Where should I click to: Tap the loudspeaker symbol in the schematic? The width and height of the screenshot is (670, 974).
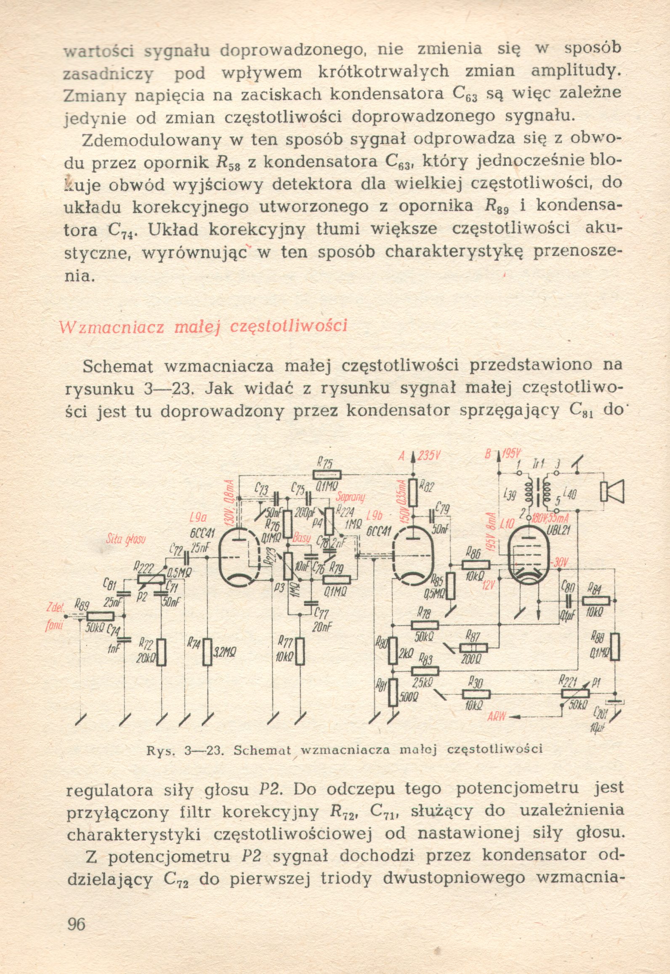click(612, 491)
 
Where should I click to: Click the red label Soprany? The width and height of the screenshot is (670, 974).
click(350, 497)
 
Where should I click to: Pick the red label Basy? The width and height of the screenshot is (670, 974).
click(301, 538)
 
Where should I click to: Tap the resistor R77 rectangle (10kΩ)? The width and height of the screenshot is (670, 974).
click(300, 651)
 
